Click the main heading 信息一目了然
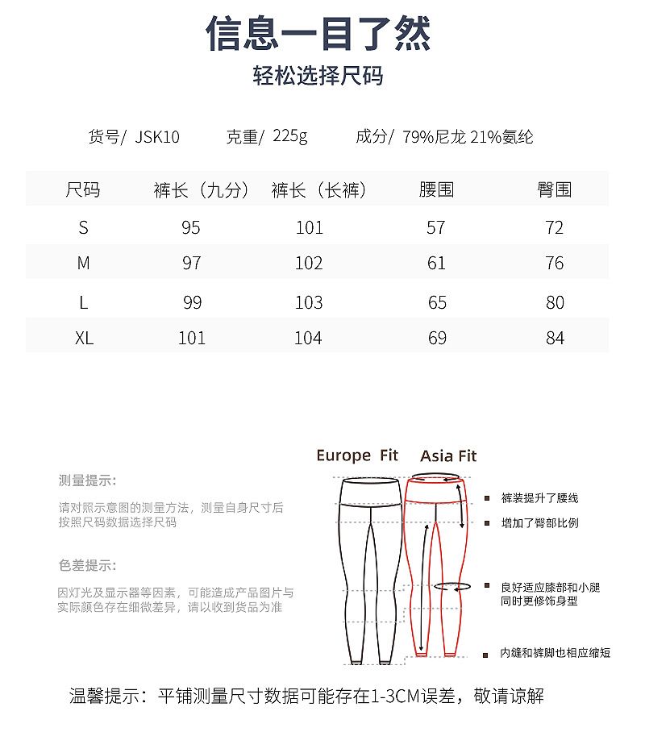click(318, 34)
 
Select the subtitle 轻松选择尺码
click(318, 77)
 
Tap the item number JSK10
click(157, 137)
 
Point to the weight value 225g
click(290, 136)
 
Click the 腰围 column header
click(436, 190)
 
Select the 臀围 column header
click(554, 190)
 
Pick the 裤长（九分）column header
click(196, 190)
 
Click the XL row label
click(84, 338)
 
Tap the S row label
click(83, 228)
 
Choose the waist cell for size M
click(436, 264)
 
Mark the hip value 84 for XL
click(555, 338)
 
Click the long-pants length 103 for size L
click(309, 303)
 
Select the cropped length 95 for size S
click(191, 228)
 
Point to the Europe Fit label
click(357, 455)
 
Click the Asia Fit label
click(448, 455)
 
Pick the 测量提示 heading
click(87, 481)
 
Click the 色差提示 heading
click(87, 565)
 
